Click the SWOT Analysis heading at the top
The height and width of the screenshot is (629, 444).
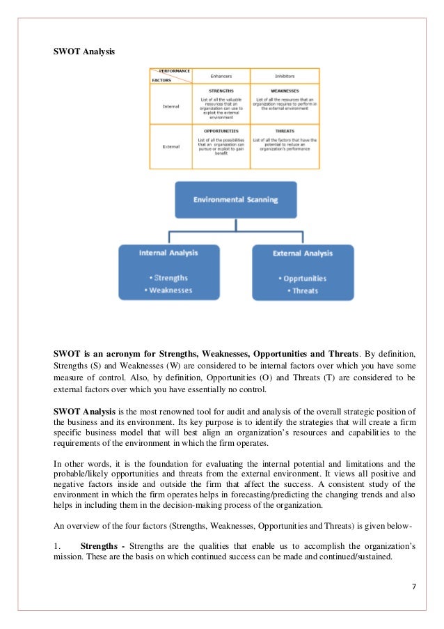click(84, 52)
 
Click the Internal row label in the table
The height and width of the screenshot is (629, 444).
click(171, 106)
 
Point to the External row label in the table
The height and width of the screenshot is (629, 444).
click(171, 147)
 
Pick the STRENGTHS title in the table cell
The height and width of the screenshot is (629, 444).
click(221, 91)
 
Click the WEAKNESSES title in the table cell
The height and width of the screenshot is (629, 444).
click(285, 91)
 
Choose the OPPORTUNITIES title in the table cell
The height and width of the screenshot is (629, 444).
click(221, 131)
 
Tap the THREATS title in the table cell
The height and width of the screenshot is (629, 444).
click(285, 131)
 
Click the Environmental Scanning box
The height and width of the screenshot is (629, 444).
click(235, 199)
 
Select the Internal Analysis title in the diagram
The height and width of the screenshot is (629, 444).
click(169, 254)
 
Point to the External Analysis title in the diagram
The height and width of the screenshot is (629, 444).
click(303, 254)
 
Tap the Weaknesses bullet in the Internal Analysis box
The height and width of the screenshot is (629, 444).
click(168, 290)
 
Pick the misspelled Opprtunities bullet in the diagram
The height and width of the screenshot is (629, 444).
click(305, 279)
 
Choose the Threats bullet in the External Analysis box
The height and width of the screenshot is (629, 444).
click(305, 290)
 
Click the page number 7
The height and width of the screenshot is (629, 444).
click(413, 586)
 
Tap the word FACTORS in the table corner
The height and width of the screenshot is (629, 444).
click(161, 80)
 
